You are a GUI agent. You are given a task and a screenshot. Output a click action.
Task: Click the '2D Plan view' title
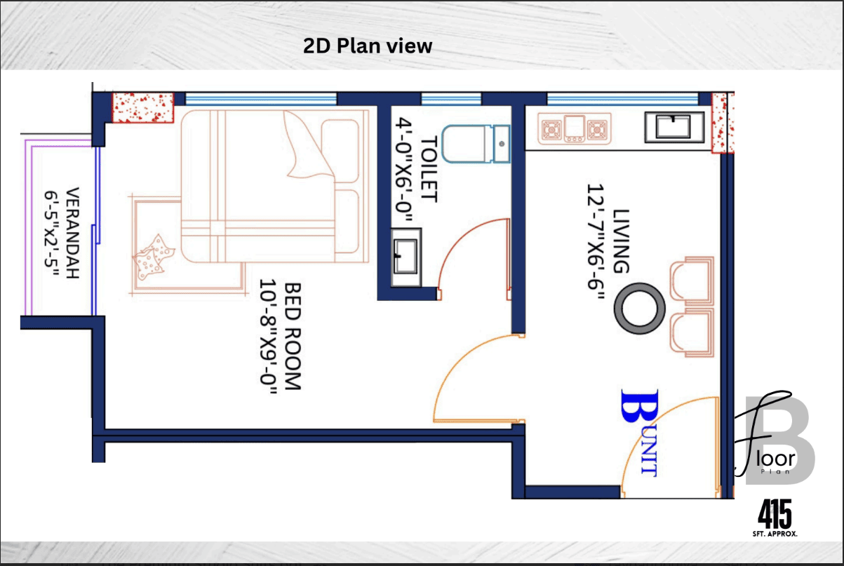tap(368, 46)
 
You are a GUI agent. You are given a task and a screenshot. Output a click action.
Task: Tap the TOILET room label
tap(429, 170)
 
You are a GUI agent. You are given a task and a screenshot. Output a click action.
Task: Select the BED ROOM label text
tap(293, 336)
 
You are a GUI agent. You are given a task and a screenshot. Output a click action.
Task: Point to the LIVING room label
tap(621, 241)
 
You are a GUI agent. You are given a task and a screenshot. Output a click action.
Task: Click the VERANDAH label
tap(72, 233)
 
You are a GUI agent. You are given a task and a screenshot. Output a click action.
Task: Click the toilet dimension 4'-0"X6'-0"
tap(403, 170)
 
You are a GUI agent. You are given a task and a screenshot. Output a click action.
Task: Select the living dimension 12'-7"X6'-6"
tap(596, 241)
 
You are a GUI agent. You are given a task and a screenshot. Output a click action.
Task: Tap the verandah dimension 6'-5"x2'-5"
tap(51, 234)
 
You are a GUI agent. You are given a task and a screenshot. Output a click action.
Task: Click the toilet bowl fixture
tap(476, 144)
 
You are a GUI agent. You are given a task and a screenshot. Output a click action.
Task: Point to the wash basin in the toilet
tap(406, 257)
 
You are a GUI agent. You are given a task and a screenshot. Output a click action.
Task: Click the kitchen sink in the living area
tap(674, 127)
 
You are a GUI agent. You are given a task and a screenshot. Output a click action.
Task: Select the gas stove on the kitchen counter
tap(574, 128)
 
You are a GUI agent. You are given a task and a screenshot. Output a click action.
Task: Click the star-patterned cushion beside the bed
tap(153, 257)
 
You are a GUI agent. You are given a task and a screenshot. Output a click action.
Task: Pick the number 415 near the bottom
tap(775, 514)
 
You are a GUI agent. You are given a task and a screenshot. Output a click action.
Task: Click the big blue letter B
tap(639, 405)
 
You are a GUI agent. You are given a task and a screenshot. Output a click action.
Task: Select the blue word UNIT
tap(650, 454)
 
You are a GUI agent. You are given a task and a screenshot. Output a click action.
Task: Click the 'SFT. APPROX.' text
tap(775, 534)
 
